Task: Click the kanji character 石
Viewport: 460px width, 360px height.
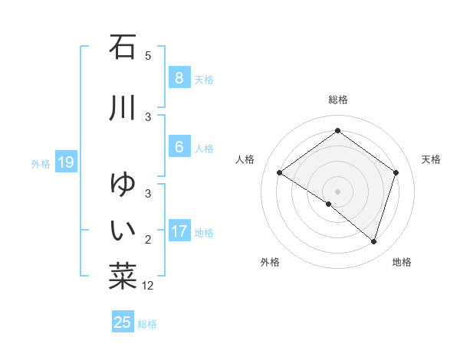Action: click(x=123, y=47)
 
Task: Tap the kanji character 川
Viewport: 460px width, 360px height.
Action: click(x=123, y=108)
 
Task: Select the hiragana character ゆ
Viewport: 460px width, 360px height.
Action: click(x=123, y=185)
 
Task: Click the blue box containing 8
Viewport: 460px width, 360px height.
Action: click(x=179, y=78)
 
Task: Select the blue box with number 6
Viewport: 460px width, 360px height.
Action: click(x=179, y=147)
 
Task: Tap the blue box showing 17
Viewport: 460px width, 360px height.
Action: click(x=179, y=231)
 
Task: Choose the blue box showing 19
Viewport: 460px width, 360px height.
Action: click(x=64, y=162)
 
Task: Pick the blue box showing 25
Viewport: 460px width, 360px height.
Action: click(x=123, y=322)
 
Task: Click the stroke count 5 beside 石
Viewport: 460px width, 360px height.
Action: click(x=148, y=56)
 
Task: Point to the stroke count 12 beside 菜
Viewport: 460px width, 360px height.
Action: click(x=148, y=286)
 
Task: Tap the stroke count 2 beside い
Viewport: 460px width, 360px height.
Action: click(x=148, y=241)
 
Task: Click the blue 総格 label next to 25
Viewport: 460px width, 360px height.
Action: click(x=147, y=324)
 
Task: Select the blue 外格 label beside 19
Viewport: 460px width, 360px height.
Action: click(x=41, y=163)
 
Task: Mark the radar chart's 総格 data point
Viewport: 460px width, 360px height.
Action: click(x=337, y=131)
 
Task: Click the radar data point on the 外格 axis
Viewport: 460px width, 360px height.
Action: click(x=329, y=205)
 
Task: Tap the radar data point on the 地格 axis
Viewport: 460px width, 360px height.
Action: click(x=373, y=241)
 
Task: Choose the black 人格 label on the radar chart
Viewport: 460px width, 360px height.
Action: click(x=245, y=159)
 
